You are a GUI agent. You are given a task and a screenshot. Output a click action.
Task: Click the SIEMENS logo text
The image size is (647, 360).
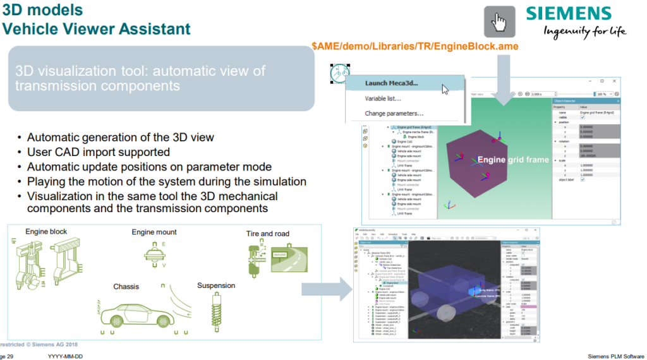pyautogui.click(x=569, y=15)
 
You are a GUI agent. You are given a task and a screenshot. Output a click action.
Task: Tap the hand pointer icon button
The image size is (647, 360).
pyautogui.click(x=499, y=21)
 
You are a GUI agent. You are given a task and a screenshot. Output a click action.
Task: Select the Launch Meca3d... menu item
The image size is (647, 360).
pyautogui.click(x=392, y=83)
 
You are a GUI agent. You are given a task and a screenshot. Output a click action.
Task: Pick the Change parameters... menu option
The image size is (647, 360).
pyautogui.click(x=394, y=114)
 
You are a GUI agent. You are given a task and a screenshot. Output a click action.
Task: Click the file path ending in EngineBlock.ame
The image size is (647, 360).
pyautogui.click(x=416, y=48)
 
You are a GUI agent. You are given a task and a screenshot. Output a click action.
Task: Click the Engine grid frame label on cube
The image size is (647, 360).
pyautogui.click(x=512, y=160)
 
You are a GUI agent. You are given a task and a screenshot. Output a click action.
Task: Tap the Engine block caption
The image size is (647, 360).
pyautogui.click(x=46, y=232)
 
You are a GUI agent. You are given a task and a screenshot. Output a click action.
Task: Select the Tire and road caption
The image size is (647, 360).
pyautogui.click(x=267, y=234)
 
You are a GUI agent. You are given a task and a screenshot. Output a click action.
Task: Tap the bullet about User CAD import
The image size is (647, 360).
pyautogui.click(x=98, y=152)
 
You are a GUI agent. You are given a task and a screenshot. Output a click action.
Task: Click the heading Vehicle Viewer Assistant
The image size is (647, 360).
pyautogui.click(x=96, y=29)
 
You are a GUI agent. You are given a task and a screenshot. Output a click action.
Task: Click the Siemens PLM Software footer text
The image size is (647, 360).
pyautogui.click(x=616, y=356)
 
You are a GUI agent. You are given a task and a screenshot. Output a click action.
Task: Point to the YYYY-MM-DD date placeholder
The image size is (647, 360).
pyautogui.click(x=65, y=356)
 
